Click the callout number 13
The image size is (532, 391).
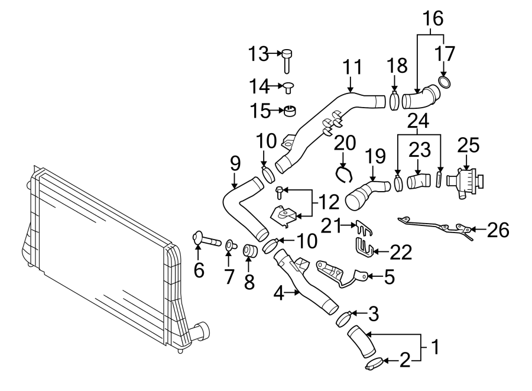[x=258, y=54]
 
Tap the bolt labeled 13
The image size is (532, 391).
[x=287, y=60]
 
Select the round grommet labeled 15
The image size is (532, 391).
[x=291, y=111]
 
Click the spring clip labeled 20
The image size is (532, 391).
[x=343, y=173]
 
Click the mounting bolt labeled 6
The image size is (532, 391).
[x=204, y=240]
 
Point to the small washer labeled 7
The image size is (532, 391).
[x=229, y=244]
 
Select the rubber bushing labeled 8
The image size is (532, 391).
[x=249, y=251]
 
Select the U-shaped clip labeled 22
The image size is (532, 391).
[x=364, y=249]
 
